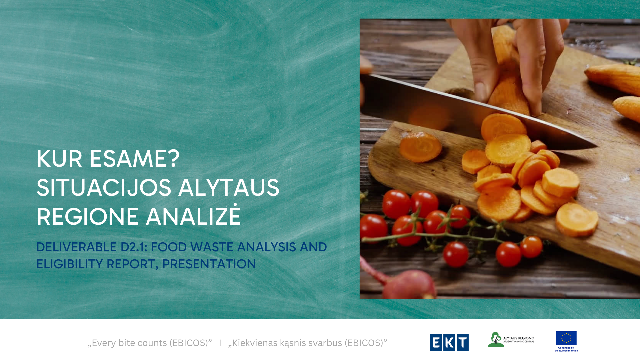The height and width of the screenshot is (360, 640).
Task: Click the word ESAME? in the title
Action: click(x=135, y=158)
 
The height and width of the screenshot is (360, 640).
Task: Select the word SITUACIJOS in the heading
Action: click(x=104, y=187)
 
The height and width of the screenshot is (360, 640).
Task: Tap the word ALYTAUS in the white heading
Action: click(x=229, y=187)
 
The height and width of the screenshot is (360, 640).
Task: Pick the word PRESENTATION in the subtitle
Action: click(x=209, y=264)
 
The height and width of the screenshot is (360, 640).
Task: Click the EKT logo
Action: click(x=449, y=342)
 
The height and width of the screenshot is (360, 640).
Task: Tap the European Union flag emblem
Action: click(x=566, y=338)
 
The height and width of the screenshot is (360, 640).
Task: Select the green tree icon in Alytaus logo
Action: click(x=496, y=340)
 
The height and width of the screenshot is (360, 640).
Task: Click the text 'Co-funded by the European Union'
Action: click(x=566, y=349)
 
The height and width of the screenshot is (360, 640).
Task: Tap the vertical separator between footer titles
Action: click(x=220, y=343)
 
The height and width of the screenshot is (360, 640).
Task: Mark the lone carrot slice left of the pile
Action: click(x=420, y=147)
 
